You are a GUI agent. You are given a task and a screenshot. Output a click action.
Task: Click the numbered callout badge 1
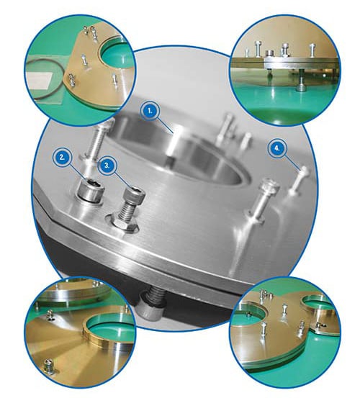coord(150,111)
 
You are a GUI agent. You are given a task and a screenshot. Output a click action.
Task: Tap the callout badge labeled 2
coord(62,158)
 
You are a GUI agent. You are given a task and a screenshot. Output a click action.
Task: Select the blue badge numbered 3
coord(107,166)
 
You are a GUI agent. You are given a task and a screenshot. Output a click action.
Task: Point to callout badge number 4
coord(276,148)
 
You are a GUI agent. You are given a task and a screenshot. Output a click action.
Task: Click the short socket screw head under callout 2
coord(91,191)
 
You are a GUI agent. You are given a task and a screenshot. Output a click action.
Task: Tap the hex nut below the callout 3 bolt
coord(124,224)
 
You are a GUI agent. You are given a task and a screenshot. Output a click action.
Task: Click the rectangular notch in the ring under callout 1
coord(170,160)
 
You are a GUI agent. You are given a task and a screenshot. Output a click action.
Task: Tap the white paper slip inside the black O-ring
coord(40,78)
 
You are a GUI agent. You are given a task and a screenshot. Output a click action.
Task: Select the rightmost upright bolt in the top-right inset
coord(312,50)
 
